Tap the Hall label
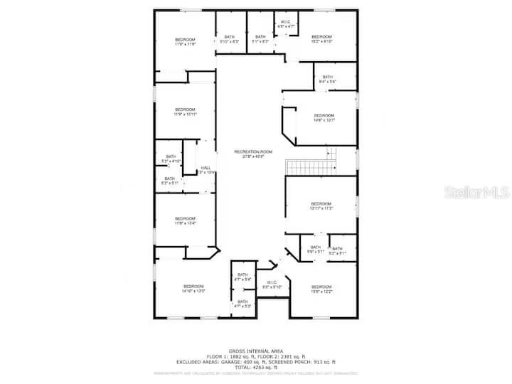pos(206,170)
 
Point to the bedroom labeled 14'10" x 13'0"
pos(193,289)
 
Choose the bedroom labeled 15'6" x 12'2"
pos(321,289)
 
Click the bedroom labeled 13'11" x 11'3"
pos(321,206)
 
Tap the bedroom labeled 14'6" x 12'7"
pos(324,117)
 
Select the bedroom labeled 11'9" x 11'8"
pos(185,41)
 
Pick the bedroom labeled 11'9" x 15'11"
pos(185,112)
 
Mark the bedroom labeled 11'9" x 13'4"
pos(185,220)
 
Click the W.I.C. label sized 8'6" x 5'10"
pos(272,285)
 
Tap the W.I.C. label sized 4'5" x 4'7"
pos(285,24)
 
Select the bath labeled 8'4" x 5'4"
pos(328,79)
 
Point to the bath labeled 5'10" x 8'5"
pos(230,39)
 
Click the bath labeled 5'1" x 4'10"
pos(171,159)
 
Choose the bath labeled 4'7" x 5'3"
pos(242,304)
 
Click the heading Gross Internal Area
pos(257,351)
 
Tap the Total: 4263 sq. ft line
pos(257,366)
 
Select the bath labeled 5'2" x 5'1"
pos(337,250)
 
